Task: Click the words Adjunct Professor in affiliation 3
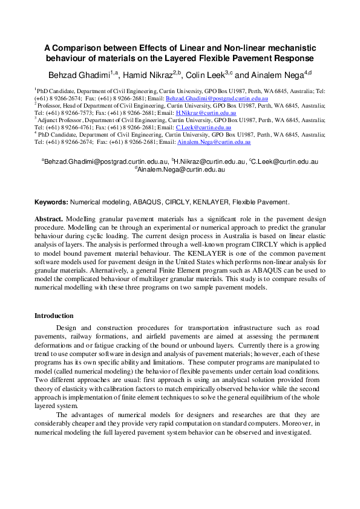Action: (x=62, y=120)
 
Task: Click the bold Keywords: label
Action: (x=51, y=202)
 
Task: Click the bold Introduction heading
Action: (x=54, y=316)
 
